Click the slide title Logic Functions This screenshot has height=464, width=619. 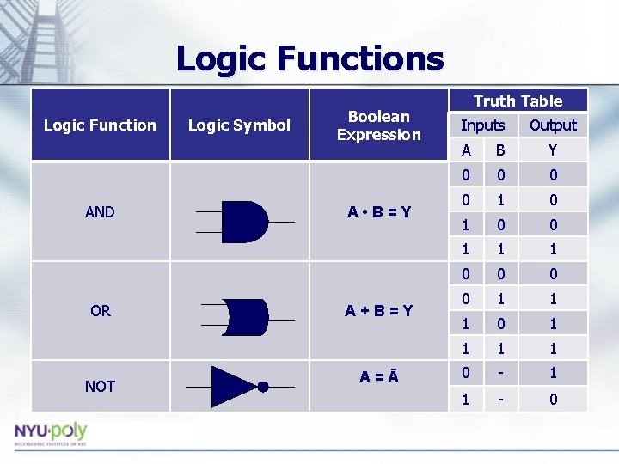coord(309,59)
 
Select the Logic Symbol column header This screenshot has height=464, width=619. coord(239,125)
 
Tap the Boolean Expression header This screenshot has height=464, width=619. coord(378,125)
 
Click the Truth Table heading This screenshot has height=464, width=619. coord(518,101)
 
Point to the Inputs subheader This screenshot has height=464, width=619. coord(482,125)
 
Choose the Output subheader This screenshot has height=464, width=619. coord(553,125)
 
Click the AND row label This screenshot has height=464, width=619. coord(100,211)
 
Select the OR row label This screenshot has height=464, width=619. coord(100,310)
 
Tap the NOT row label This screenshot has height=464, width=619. coord(100,386)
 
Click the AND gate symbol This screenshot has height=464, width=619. coord(243,222)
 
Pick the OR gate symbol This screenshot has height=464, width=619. coord(244,318)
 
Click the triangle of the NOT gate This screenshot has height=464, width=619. coord(232,386)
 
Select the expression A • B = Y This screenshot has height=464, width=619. coord(378,211)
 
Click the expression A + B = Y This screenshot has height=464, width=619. coord(378,310)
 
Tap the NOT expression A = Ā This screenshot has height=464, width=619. coord(378,375)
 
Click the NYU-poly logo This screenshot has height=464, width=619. coord(50,434)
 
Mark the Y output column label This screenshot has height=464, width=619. coord(553,150)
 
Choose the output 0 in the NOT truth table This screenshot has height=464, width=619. coord(553,399)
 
